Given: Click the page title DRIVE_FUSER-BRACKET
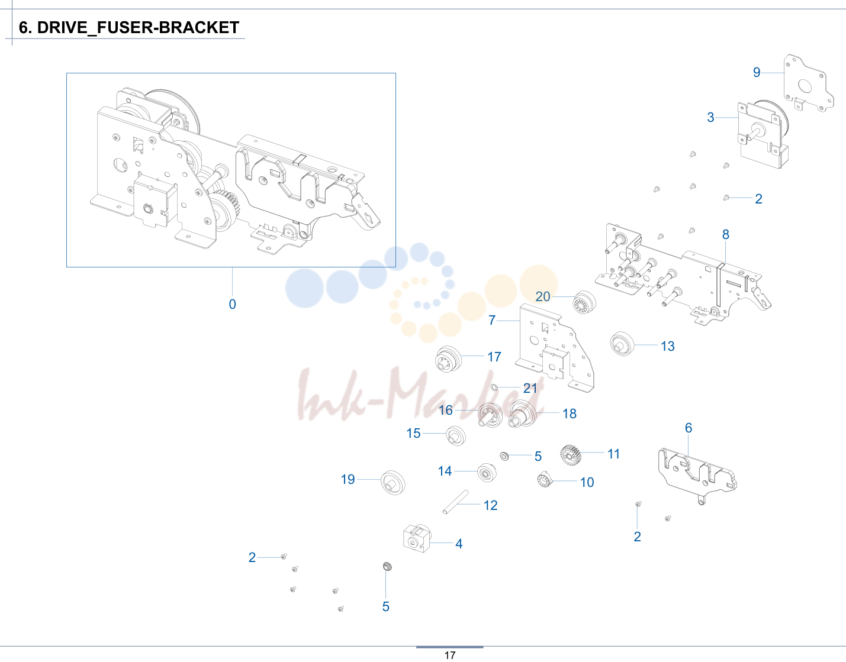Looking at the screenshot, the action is (x=138, y=28).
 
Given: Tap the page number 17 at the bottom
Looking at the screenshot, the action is (x=450, y=655).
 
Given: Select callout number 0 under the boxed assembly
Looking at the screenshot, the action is (x=233, y=304).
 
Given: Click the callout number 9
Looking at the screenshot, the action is (x=757, y=72).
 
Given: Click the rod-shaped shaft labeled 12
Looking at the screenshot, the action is (x=455, y=502).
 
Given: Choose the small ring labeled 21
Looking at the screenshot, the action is (x=494, y=387).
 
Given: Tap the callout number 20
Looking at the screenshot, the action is (x=543, y=297).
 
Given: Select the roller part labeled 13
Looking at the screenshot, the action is (x=622, y=344).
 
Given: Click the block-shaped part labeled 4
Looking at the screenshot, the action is (x=417, y=538).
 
